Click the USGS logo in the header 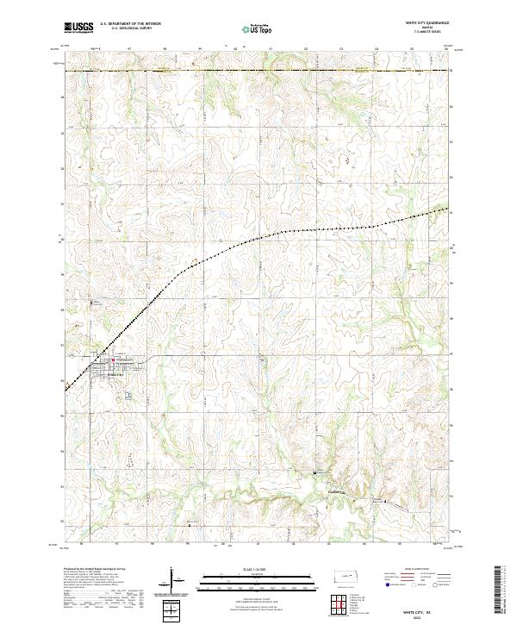pyautogui.click(x=78, y=28)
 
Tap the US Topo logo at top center pyautogui.click(x=258, y=29)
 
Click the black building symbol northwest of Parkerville pyautogui.click(x=315, y=473)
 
